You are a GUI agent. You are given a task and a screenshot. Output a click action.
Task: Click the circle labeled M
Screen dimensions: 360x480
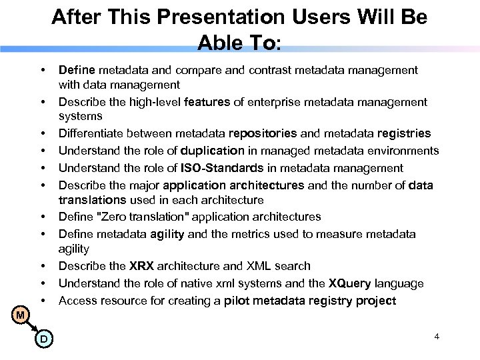click(21, 313)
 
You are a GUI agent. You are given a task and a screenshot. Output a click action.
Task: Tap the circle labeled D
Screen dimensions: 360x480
click(43, 339)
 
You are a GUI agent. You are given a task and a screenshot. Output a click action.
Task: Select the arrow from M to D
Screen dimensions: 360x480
click(31, 326)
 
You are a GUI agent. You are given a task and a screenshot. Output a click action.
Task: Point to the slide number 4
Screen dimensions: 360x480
click(437, 336)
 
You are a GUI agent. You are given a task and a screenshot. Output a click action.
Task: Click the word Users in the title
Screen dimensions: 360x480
click(292, 17)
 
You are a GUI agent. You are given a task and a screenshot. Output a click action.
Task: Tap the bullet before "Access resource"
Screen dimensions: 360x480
click(43, 300)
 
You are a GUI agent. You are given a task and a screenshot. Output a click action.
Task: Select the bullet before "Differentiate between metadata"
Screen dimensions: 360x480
click(43, 134)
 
